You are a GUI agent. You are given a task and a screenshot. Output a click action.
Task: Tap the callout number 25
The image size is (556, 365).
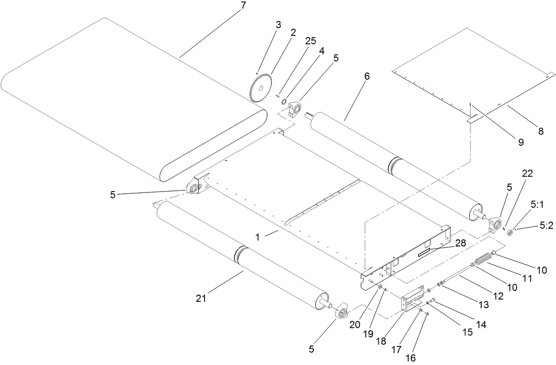point(310,41)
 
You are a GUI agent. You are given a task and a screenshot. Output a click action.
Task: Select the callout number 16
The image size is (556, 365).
point(411,358)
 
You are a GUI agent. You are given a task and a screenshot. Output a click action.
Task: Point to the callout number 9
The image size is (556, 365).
point(520,142)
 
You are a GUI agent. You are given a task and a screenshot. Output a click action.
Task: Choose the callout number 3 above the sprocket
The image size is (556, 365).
point(278,25)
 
